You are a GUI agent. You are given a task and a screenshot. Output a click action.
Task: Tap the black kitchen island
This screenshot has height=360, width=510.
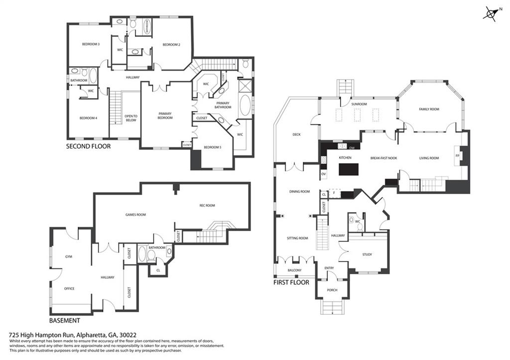(349, 170)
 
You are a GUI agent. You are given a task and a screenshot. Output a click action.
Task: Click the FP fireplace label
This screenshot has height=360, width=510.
(458, 156)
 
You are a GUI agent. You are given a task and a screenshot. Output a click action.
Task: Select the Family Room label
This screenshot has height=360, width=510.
(428, 109)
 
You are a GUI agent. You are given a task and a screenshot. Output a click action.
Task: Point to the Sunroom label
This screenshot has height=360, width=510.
(359, 104)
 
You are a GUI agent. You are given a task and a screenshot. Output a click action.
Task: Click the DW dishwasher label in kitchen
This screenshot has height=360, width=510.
(352, 148)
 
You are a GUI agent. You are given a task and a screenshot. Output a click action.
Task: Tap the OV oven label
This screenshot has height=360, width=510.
(323, 174)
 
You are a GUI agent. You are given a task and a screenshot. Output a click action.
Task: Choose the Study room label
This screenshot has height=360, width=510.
(367, 254)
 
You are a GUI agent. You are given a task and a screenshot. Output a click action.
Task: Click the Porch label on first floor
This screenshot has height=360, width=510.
(332, 290)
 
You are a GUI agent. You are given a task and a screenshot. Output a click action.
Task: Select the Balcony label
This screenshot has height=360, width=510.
(294, 270)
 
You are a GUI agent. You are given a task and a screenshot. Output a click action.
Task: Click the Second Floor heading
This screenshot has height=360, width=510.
(89, 146)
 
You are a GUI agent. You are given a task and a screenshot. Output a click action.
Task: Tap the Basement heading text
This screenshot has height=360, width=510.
(65, 321)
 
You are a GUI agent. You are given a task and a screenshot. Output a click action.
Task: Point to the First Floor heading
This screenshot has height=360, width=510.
(291, 282)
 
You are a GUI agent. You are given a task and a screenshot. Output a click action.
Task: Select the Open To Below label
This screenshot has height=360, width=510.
(130, 118)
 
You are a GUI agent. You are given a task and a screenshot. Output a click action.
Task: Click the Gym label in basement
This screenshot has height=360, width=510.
(69, 256)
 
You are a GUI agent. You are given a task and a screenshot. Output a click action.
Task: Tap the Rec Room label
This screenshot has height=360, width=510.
(207, 205)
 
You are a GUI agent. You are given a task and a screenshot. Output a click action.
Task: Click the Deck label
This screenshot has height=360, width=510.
(297, 134)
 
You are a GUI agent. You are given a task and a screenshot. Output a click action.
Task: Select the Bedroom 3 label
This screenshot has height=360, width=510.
(91, 44)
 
